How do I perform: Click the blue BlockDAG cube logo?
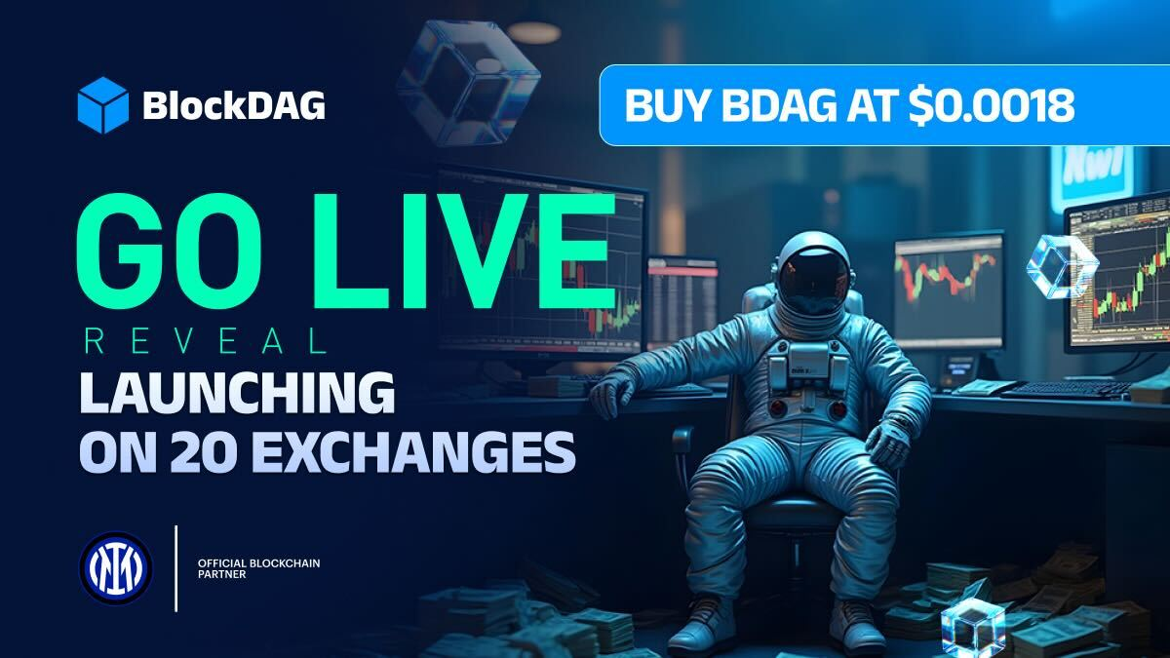[103, 105]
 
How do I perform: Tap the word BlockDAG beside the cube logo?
[234, 105]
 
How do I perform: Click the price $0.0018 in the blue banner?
[992, 105]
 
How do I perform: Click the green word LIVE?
[464, 251]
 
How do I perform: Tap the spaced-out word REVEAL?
[206, 342]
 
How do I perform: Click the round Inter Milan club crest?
[116, 568]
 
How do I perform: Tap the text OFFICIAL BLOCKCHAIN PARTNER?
[259, 568]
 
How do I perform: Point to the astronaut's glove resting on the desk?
[612, 393]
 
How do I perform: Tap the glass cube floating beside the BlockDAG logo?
[468, 84]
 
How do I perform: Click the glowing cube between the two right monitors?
[1063, 267]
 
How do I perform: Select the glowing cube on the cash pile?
[973, 627]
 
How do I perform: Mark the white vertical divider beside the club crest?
[176, 568]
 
